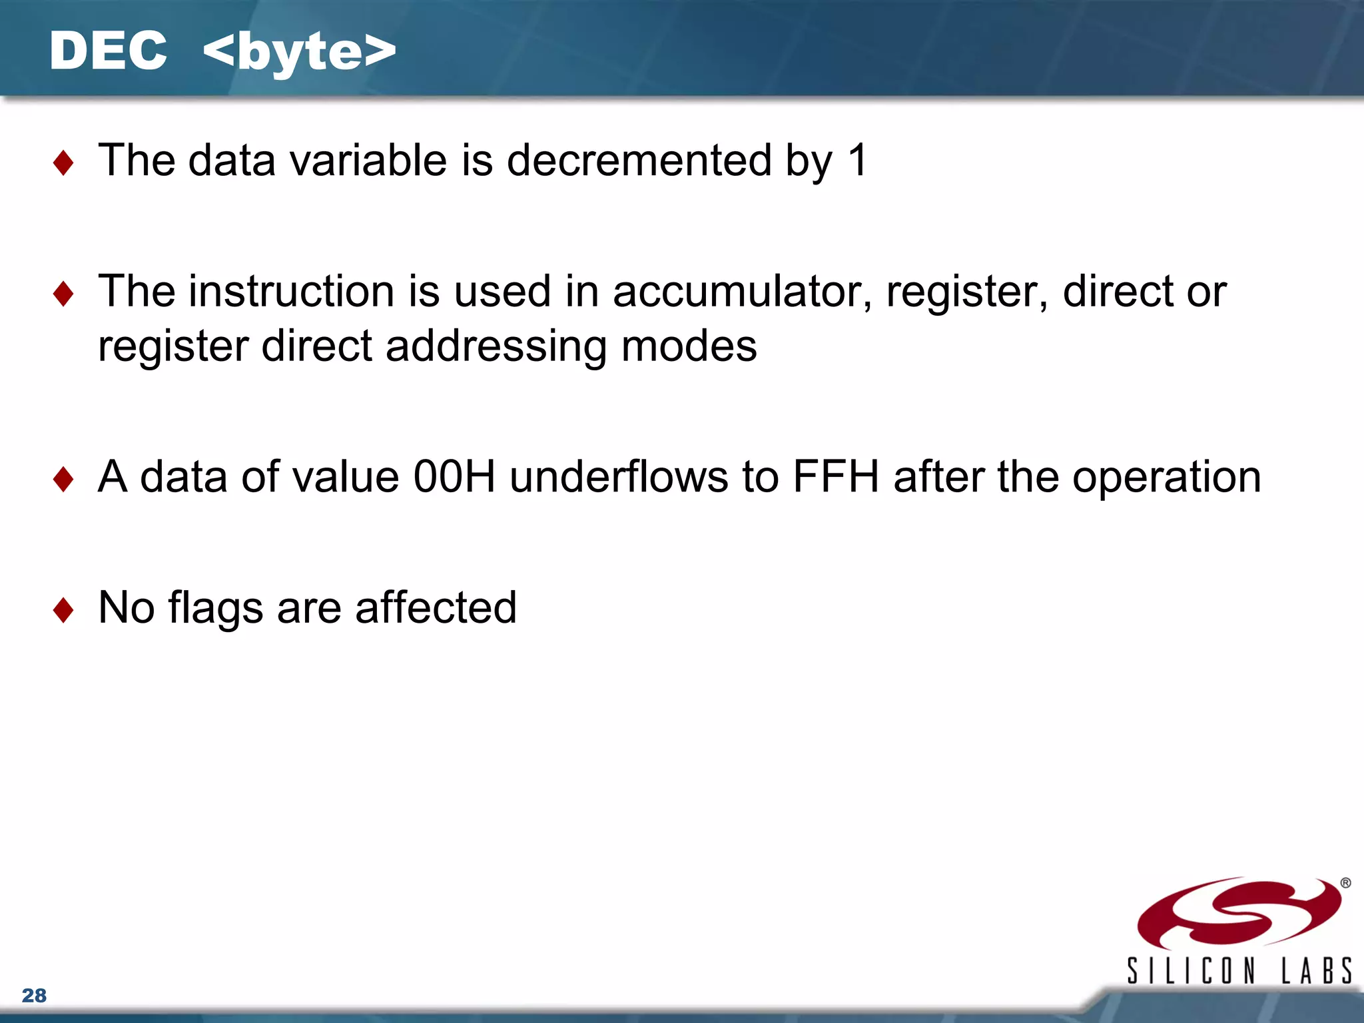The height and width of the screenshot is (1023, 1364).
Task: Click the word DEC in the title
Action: [108, 51]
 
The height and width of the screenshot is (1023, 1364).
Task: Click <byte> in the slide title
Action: [299, 53]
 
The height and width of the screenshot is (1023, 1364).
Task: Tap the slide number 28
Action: [34, 996]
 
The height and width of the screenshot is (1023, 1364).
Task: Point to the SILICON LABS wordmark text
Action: [1239, 970]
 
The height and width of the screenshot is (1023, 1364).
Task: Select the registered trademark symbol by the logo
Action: [1345, 883]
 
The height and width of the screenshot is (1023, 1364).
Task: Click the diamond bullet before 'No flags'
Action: [63, 609]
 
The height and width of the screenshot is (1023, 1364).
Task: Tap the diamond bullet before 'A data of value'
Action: [63, 479]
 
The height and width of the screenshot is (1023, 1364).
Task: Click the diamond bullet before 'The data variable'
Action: [63, 163]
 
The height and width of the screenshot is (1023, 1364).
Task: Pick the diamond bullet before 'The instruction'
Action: [63, 294]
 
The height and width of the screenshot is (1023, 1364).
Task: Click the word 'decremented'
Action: [639, 161]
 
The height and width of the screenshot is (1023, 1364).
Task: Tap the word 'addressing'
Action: [496, 347]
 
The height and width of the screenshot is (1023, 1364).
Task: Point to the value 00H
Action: [454, 477]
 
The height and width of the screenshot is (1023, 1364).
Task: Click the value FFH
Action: [836, 477]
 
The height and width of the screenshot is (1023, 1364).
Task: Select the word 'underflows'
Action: [619, 477]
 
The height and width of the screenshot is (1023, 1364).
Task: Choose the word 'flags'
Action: [215, 609]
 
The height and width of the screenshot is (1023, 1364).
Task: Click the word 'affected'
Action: [436, 607]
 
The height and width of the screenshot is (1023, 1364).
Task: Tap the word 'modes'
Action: [689, 346]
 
